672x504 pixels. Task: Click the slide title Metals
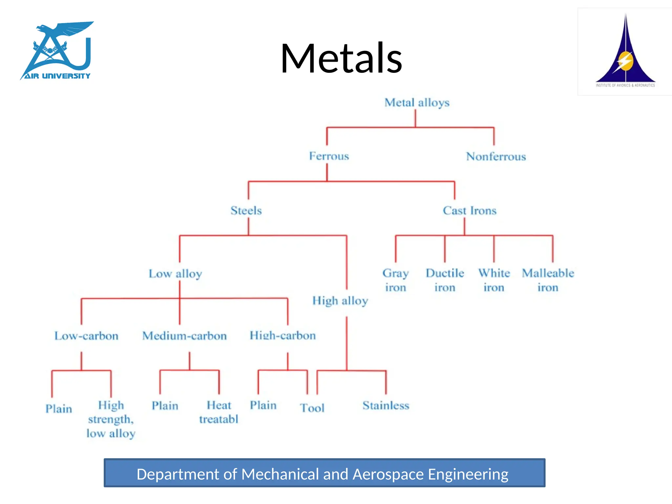[341, 58]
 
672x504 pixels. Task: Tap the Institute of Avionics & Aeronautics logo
[625, 52]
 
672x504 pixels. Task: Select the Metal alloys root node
[417, 103]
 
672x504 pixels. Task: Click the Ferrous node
[329, 156]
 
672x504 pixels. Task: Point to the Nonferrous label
[496, 157]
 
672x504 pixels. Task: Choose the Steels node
[246, 210]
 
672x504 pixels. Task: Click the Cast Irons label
[470, 210]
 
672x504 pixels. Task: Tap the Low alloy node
[175, 274]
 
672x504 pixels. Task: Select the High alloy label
[340, 301]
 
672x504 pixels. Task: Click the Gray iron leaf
[395, 280]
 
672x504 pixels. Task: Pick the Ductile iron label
[445, 280]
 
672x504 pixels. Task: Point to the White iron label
[494, 280]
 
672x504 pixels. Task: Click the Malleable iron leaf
[548, 280]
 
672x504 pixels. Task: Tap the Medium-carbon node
[184, 336]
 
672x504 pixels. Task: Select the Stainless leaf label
[386, 406]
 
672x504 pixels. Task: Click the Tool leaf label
[312, 408]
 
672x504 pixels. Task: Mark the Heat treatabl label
[219, 412]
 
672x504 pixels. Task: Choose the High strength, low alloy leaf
[111, 419]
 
